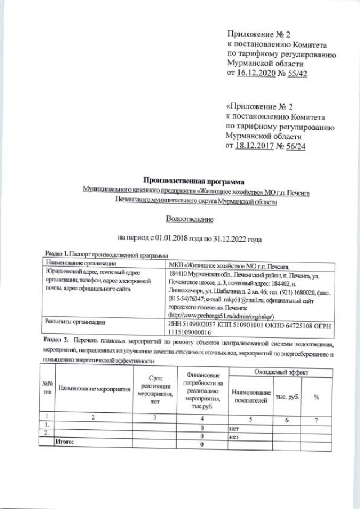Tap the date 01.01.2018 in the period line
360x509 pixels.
click(x=166, y=238)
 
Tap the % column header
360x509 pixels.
click(x=317, y=397)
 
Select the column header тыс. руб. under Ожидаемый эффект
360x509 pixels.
click(x=286, y=397)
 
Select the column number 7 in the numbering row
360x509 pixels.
click(x=317, y=419)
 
